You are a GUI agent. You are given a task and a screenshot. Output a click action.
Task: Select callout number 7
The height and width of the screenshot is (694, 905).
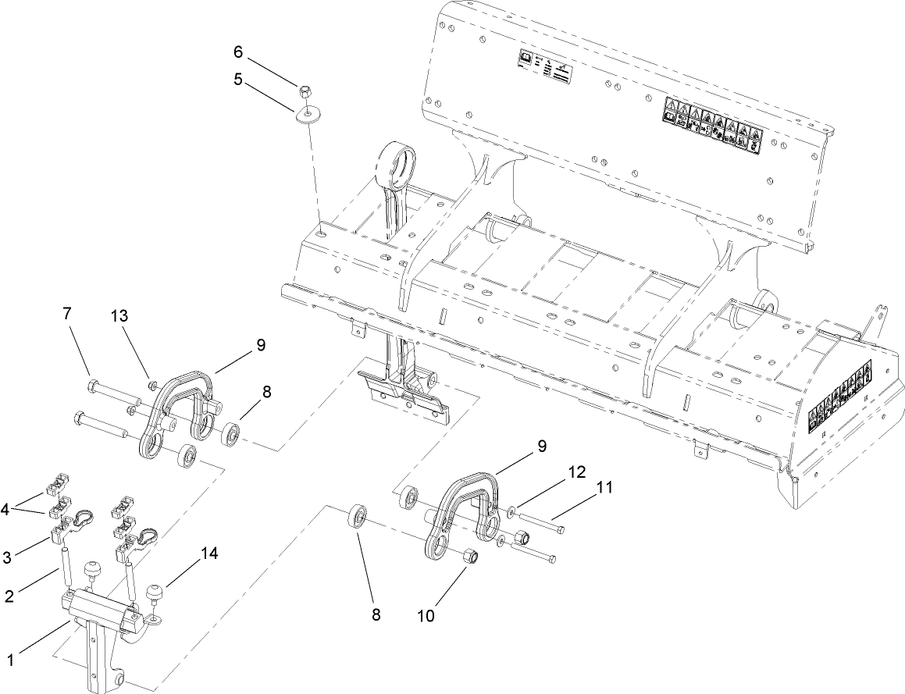[68, 315]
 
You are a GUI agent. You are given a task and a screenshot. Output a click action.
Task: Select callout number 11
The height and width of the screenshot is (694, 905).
[604, 488]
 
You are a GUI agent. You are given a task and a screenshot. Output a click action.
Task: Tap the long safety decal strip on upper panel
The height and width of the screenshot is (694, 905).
[711, 123]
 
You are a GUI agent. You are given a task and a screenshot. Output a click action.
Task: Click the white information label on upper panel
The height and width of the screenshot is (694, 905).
[543, 69]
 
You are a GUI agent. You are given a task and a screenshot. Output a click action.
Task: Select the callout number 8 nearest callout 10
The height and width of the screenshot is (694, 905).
[376, 614]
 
